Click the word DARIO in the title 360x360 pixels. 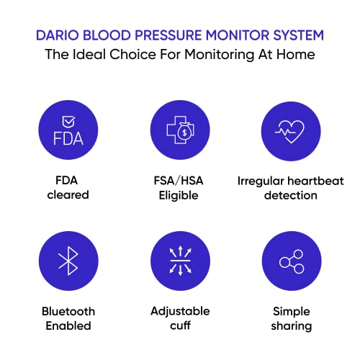click(x=58, y=35)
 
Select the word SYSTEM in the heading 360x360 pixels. click(x=297, y=35)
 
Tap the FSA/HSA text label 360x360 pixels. click(x=180, y=180)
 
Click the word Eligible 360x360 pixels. click(x=180, y=195)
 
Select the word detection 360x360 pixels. click(x=291, y=195)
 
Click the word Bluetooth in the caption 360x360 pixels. click(x=68, y=311)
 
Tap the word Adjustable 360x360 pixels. click(x=180, y=311)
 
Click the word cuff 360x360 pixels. click(x=180, y=326)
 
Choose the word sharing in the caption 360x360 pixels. click(x=291, y=326)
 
